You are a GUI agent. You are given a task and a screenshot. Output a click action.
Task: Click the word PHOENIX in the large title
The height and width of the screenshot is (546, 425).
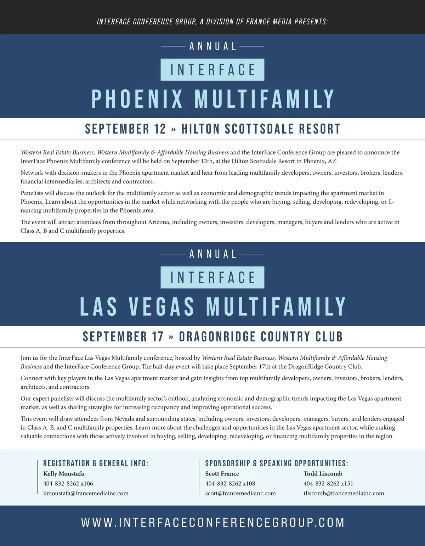click(x=137, y=99)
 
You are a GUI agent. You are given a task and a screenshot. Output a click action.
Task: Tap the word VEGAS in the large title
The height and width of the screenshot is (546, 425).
click(x=161, y=306)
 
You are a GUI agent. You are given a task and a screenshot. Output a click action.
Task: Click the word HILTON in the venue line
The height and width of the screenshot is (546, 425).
click(x=200, y=129)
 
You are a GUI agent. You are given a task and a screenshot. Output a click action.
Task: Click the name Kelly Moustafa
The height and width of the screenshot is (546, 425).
click(x=64, y=474)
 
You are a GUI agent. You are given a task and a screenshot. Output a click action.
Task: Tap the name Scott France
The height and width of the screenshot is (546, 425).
click(x=222, y=474)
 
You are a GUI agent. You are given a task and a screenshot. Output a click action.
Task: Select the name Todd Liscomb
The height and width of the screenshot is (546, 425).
click(x=323, y=474)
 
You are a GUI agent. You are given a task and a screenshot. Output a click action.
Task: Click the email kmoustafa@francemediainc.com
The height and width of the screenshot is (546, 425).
click(x=86, y=493)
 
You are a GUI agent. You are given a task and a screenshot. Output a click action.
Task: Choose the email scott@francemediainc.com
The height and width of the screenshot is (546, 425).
click(x=240, y=493)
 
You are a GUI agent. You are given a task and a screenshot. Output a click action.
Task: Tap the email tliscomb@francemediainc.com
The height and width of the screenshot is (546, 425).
click(x=344, y=493)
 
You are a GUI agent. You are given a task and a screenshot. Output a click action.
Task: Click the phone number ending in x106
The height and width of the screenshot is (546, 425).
click(x=68, y=483)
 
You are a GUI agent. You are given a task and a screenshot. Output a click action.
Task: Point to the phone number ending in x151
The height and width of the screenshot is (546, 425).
click(x=328, y=483)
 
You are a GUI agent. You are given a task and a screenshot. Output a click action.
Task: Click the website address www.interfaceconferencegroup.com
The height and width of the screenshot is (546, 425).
click(x=213, y=523)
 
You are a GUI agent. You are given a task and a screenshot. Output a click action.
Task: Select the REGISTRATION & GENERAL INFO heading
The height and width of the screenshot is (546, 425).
click(x=96, y=463)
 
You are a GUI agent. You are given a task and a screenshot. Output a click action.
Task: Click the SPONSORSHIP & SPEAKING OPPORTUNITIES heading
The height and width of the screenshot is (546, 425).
click(x=277, y=463)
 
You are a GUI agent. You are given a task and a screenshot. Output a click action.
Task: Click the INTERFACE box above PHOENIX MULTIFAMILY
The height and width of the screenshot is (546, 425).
click(x=212, y=70)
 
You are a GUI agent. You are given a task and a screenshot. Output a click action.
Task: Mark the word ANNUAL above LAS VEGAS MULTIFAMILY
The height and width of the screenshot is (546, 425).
click(x=213, y=254)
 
